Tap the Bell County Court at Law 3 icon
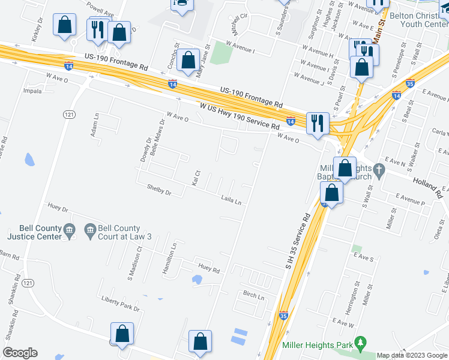point(90,229)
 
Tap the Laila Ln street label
point(231,200)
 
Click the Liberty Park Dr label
point(120,304)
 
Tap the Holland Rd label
point(427,183)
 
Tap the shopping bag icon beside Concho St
point(188,61)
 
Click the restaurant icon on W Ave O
point(316,123)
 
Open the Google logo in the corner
point(20,353)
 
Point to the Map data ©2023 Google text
point(412,355)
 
